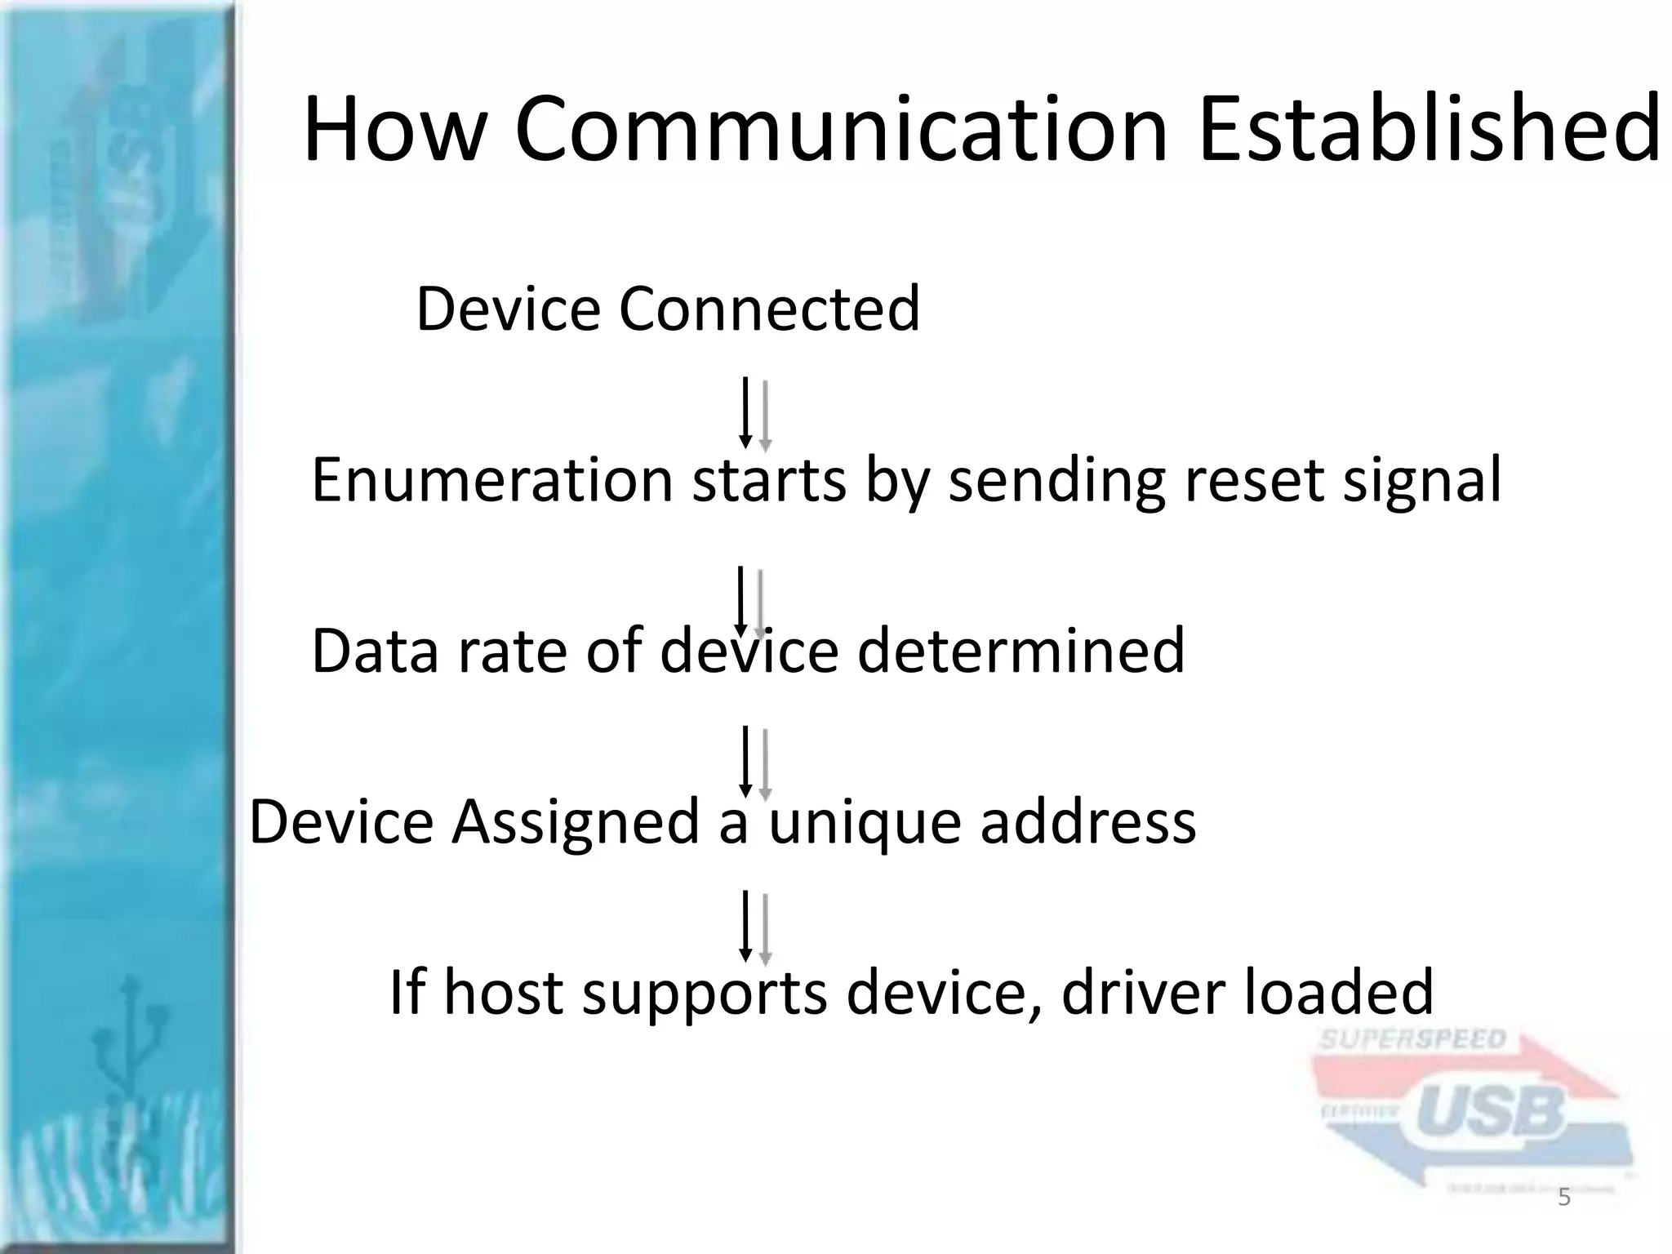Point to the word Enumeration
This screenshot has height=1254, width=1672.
491,480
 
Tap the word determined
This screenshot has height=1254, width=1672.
1021,651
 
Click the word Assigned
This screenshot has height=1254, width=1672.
576,823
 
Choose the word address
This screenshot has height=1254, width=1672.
1087,821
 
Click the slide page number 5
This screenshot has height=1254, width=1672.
1563,1198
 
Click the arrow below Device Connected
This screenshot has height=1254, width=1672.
745,413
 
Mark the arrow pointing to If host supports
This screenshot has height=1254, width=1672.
745,926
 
